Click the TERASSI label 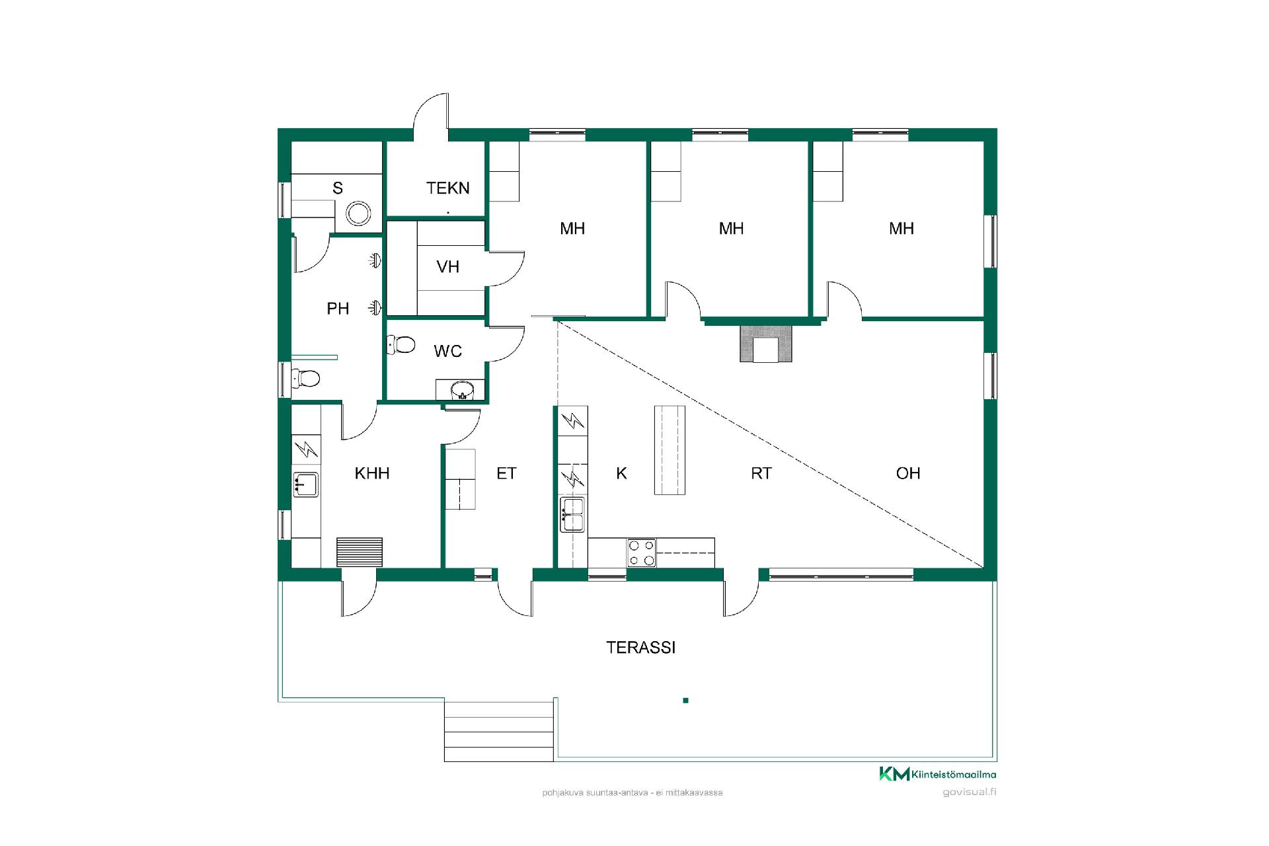[640, 648]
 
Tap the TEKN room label [447, 188]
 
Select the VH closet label [447, 267]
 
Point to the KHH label [371, 473]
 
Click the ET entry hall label [506, 473]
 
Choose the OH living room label [908, 473]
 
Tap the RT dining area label [761, 473]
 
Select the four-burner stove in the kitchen [642, 553]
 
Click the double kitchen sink [572, 515]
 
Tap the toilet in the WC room [401, 344]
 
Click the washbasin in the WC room [462, 390]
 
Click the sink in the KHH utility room [306, 484]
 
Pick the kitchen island [670, 450]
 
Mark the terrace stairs [499, 731]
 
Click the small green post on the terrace [685, 701]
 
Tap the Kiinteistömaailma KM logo [938, 774]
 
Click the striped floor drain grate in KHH [360, 552]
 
